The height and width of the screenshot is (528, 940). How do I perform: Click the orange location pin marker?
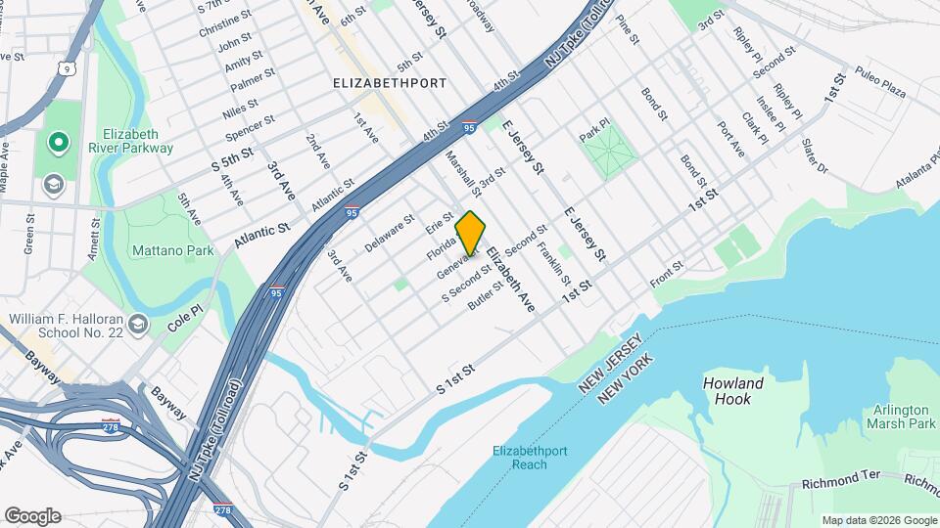coord(471,234)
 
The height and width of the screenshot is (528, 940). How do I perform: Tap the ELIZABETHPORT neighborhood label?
coord(390,83)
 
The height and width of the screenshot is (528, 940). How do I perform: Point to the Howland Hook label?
coord(727,391)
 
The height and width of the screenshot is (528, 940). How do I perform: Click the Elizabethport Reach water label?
coord(526,457)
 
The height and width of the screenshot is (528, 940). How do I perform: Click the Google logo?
coord(31,516)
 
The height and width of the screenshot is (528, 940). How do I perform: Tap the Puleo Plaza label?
coord(879,86)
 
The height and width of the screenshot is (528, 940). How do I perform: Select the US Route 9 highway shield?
coord(64,68)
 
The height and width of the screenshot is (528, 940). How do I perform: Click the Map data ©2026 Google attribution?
coord(878,520)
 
